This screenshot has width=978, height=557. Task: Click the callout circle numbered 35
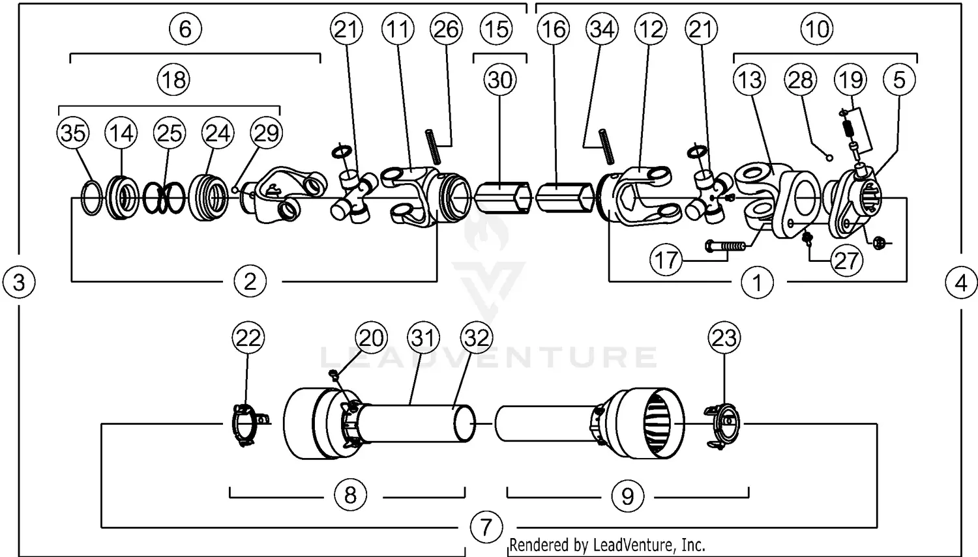point(72,133)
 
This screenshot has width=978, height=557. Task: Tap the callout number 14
point(121,133)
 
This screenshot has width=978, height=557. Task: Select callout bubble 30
point(500,80)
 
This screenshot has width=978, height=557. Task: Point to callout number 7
point(486,526)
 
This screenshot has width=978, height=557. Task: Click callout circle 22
point(248,337)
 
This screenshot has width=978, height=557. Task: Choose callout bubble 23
point(724,337)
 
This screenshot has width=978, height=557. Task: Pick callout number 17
point(666,261)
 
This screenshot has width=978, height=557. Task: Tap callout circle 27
point(846,261)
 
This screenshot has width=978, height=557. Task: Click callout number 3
point(19,283)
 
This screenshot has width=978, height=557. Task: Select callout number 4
point(961,283)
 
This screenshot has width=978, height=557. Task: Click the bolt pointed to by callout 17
point(724,246)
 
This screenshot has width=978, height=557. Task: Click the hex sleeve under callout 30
point(499,195)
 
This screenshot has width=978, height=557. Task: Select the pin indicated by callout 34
point(607,147)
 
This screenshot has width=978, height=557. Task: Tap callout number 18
point(173,80)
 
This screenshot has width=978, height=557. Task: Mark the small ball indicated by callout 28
point(829,157)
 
